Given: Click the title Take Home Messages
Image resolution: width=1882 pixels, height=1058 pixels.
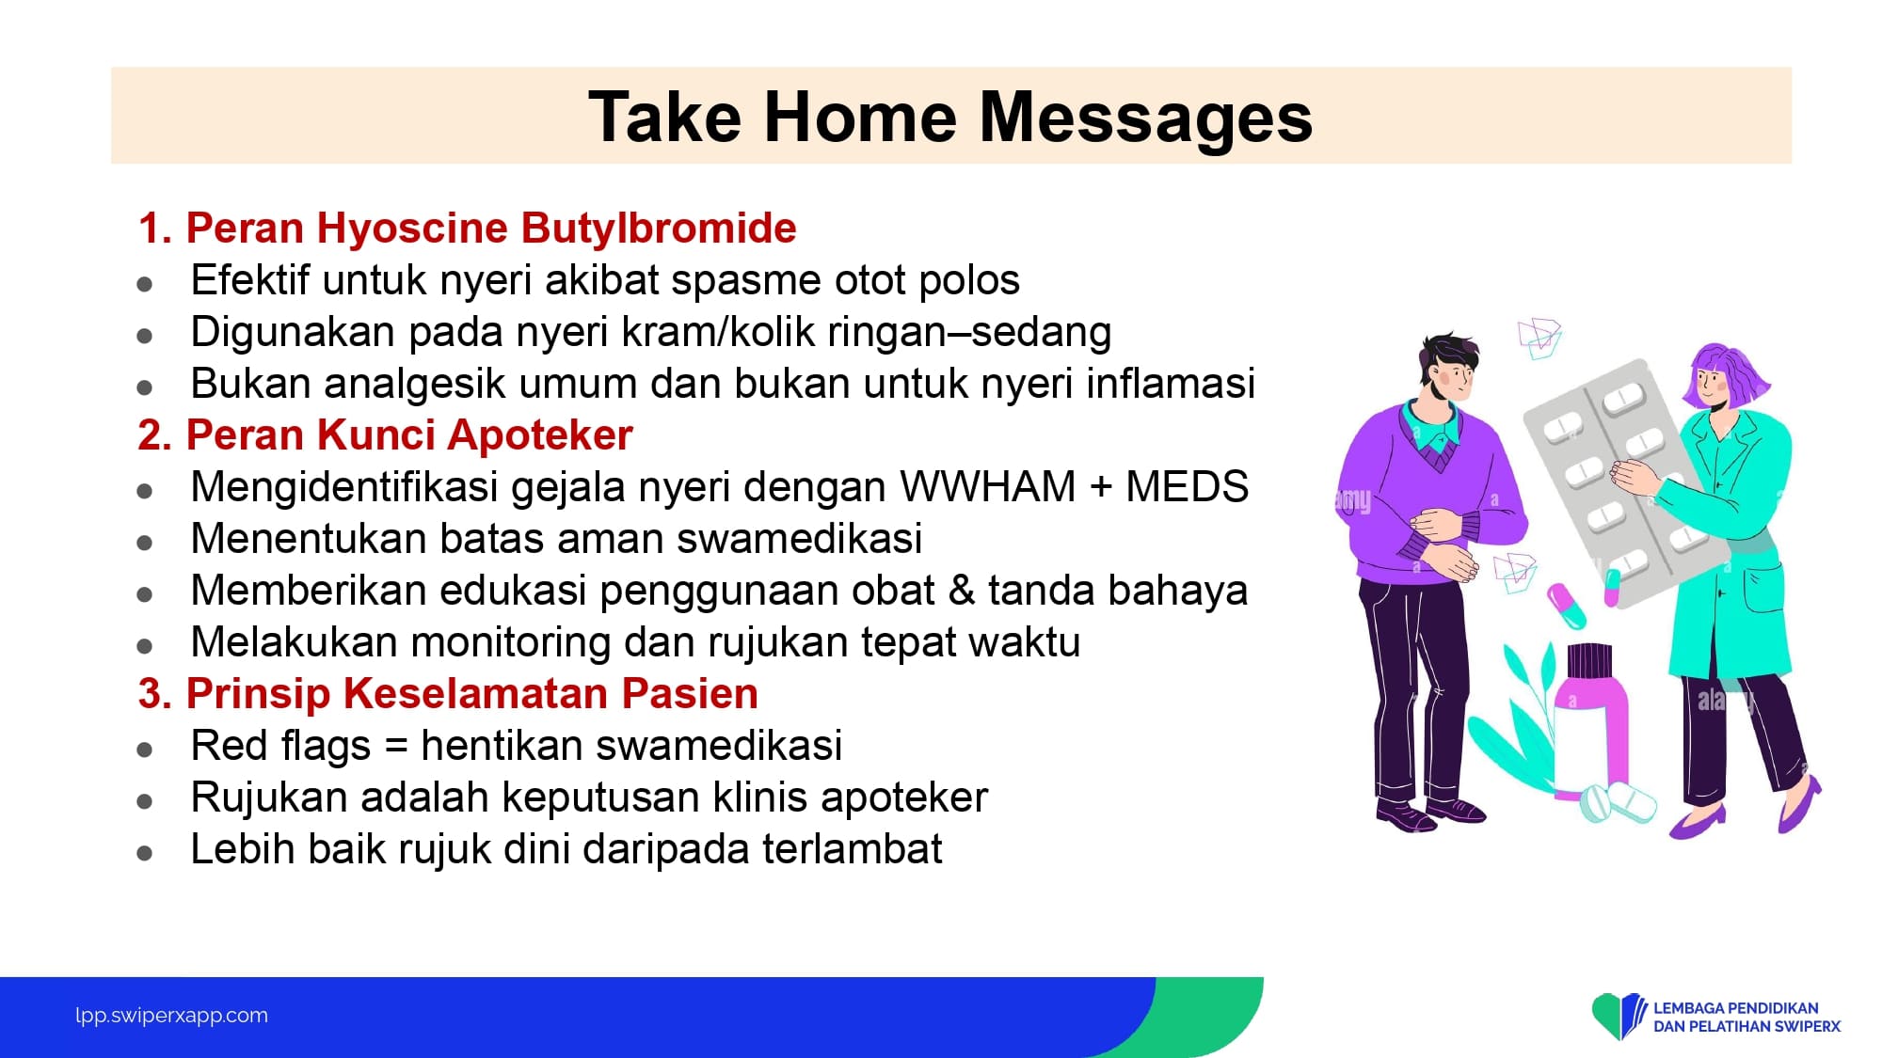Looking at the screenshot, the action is (950, 118).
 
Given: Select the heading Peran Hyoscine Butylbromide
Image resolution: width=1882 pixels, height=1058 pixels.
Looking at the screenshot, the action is (468, 229).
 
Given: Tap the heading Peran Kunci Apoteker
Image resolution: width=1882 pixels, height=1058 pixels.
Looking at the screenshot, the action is (386, 435).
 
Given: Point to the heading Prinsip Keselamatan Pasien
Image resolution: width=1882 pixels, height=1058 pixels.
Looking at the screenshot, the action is (448, 694).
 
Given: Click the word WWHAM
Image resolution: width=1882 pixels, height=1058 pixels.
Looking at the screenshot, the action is (988, 487).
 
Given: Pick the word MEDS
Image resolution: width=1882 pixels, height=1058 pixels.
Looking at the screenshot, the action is (1188, 487).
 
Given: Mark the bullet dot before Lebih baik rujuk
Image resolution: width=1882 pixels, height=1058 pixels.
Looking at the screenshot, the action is (144, 853).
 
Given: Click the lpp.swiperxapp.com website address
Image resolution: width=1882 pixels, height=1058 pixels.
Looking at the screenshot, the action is (171, 1016).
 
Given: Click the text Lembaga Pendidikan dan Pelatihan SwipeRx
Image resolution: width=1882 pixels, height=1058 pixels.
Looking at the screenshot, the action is (1746, 1018).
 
